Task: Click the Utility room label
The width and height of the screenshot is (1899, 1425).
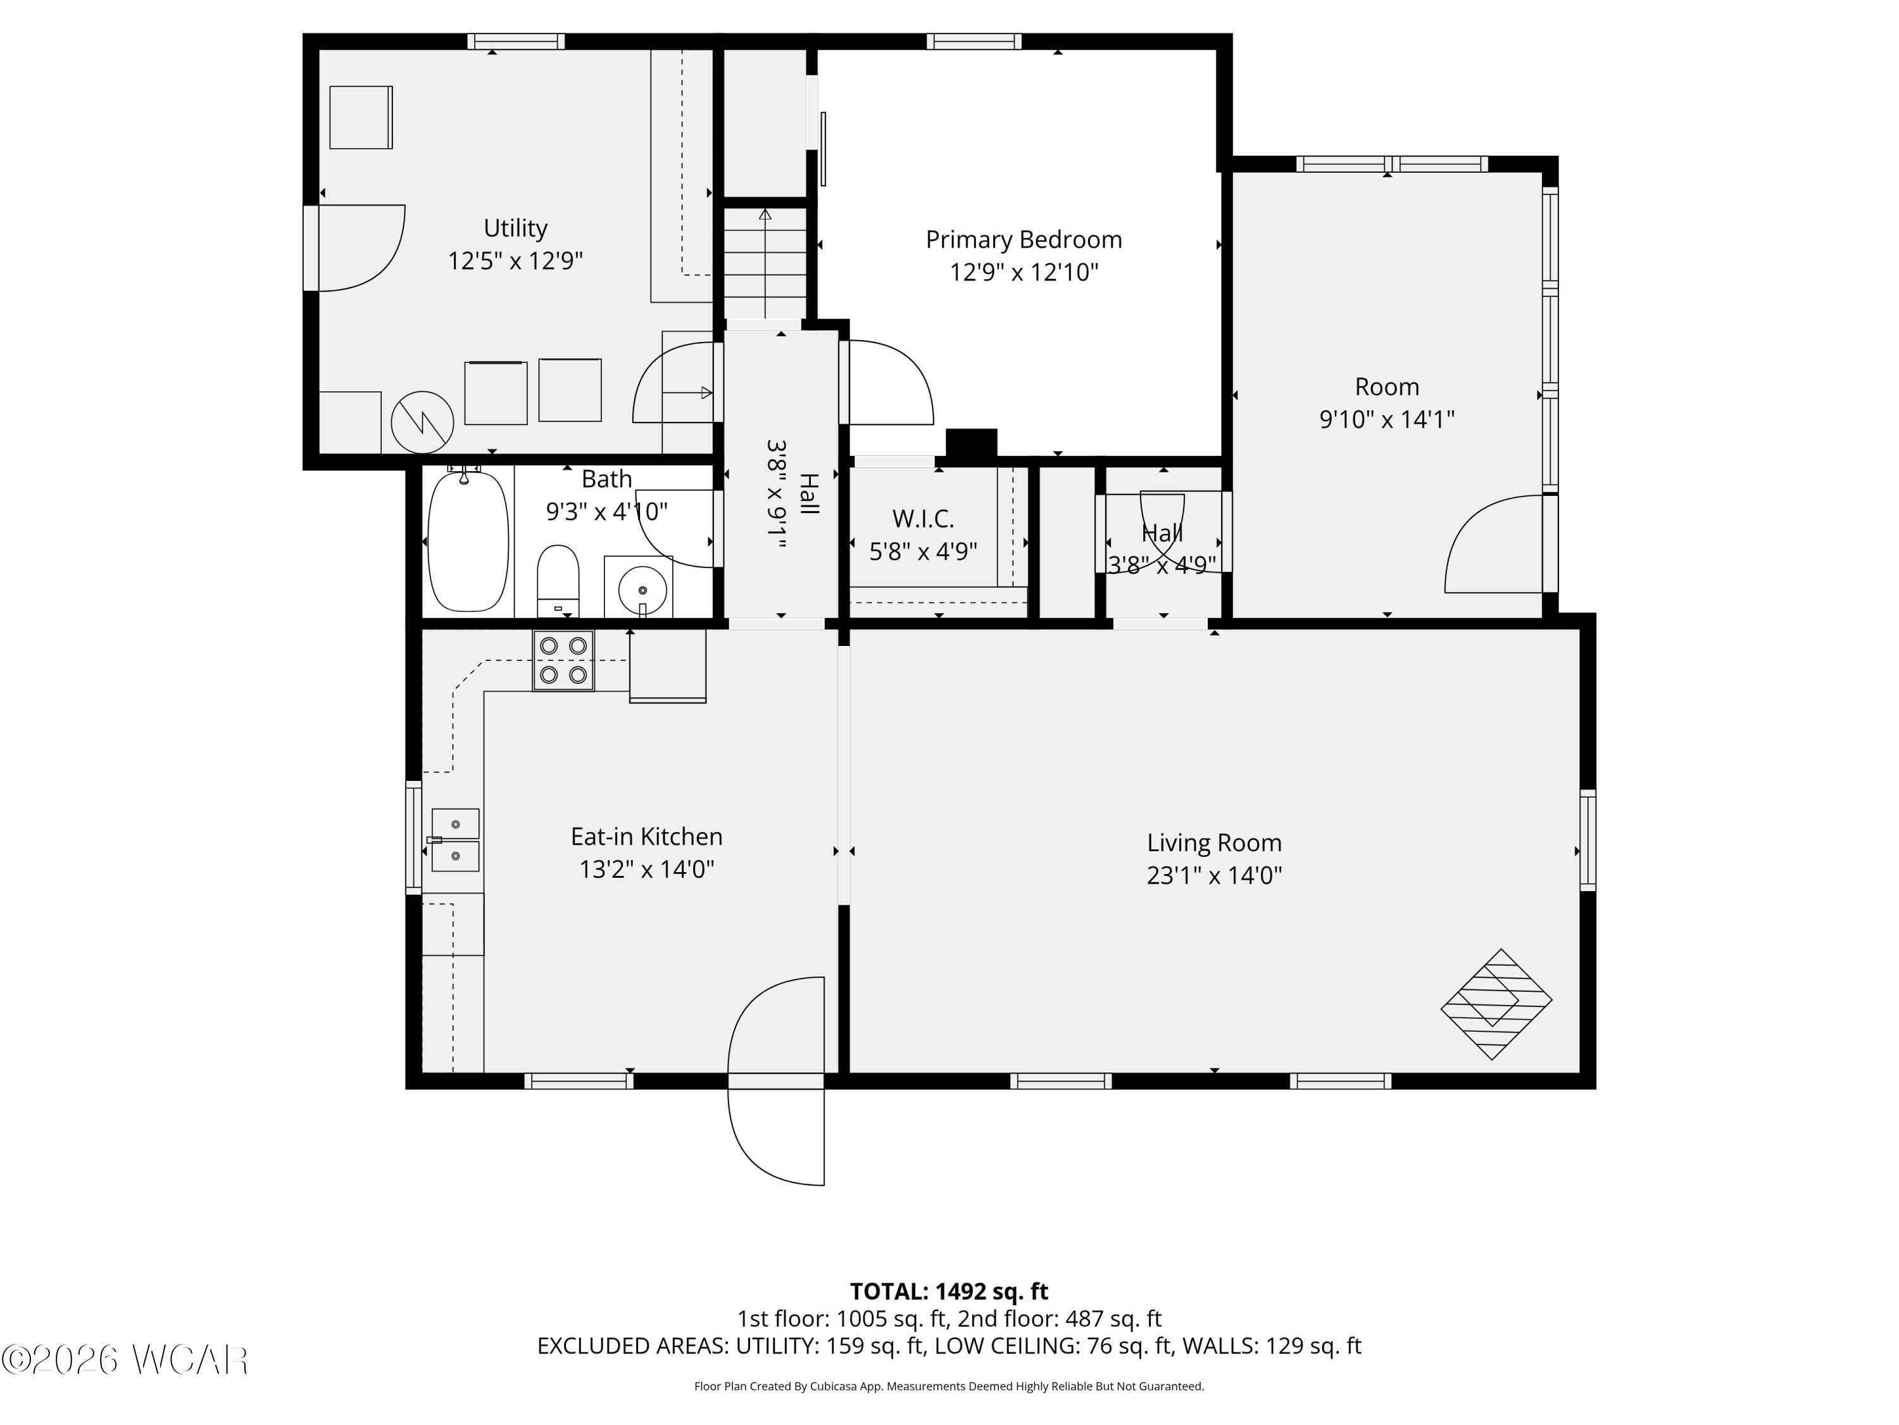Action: [x=515, y=229]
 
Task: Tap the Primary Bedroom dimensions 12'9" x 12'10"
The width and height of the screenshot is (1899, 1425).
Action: [x=1024, y=272]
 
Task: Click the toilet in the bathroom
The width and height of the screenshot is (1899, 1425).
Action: [x=558, y=579]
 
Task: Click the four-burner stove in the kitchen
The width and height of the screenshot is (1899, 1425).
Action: [x=563, y=661]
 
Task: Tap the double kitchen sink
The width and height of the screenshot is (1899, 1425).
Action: [x=455, y=840]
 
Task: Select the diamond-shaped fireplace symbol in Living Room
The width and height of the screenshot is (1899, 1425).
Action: [x=1496, y=1003]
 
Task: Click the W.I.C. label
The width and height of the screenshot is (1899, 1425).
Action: [x=923, y=519]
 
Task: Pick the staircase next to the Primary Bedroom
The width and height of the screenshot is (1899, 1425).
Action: [x=765, y=263]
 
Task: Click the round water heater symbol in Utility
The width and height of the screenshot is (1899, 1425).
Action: [x=422, y=422]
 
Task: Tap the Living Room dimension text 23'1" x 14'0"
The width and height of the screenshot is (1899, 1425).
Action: [x=1214, y=875]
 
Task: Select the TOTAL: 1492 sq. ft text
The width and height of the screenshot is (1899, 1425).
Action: [x=949, y=1291]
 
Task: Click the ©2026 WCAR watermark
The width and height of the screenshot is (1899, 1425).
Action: [x=125, y=1360]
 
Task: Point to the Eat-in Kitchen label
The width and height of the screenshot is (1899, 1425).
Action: [x=646, y=837]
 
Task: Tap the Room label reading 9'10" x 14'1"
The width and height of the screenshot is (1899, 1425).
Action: [x=1386, y=419]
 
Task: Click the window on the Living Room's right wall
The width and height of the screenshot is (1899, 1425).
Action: [x=1588, y=840]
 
